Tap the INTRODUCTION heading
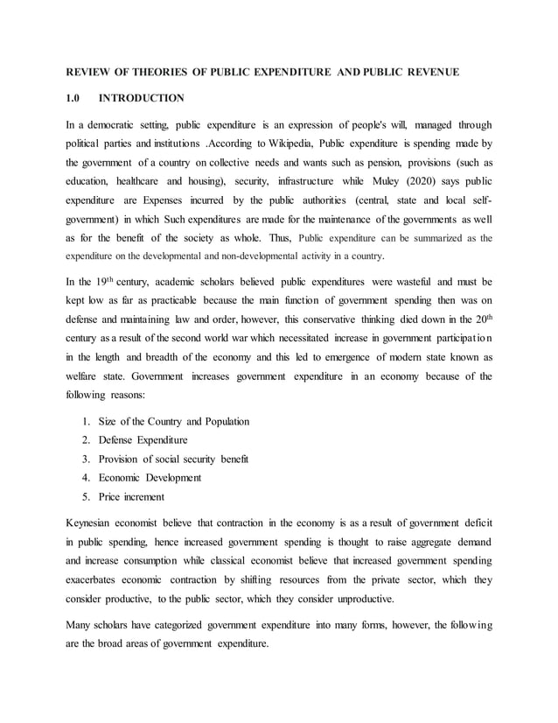[x=142, y=98]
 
